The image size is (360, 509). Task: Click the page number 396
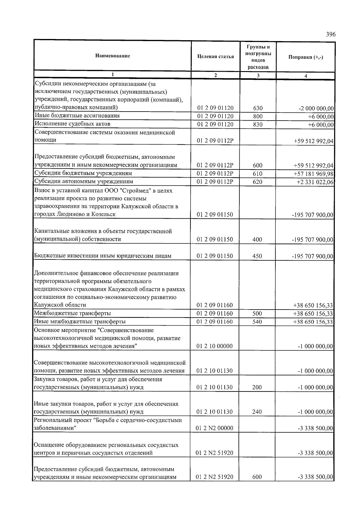click(331, 34)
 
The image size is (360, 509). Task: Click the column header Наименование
click(112, 56)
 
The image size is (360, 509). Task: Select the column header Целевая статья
click(215, 56)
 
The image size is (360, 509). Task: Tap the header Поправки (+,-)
click(305, 57)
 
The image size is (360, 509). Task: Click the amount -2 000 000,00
click(316, 108)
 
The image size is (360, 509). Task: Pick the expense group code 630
click(258, 108)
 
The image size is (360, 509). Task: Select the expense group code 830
click(258, 124)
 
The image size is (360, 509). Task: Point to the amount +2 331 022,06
click(315, 182)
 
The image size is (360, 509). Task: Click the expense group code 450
click(257, 256)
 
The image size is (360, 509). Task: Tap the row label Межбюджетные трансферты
click(73, 313)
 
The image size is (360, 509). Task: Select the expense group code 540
click(257, 322)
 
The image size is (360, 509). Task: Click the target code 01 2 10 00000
click(214, 346)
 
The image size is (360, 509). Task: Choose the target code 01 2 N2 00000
click(214, 428)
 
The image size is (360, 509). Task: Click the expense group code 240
click(257, 412)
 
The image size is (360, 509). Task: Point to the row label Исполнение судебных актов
click(73, 124)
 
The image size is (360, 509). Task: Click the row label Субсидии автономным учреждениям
click(84, 181)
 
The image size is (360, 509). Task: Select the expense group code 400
click(257, 239)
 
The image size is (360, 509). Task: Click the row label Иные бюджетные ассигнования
click(77, 116)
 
